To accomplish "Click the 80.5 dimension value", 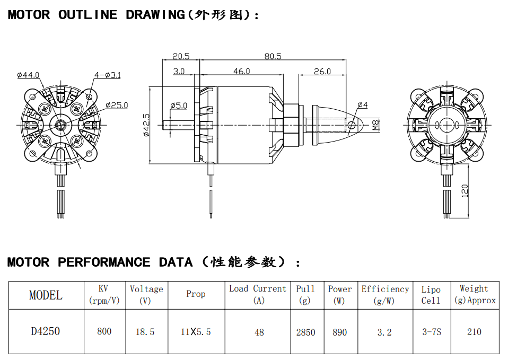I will coord(273,56).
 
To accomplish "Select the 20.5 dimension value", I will coord(181,56).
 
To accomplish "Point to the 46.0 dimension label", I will coord(241,71).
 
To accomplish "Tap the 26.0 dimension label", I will coord(322,71).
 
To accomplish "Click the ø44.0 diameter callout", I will coord(29,75).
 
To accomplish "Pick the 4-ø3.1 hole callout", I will coord(107,75).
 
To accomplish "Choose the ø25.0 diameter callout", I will coord(117,106).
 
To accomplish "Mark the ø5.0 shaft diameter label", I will coord(179,106).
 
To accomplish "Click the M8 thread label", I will coord(376,126).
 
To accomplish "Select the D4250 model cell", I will coord(45,331).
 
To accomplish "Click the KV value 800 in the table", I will coord(104,331).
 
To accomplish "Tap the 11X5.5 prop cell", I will coord(196,332).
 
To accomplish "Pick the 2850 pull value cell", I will coord(305,332).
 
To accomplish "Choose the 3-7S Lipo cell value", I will coord(431,332).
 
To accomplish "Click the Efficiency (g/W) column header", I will coord(385,295).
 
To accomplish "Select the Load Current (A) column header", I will coord(258,294).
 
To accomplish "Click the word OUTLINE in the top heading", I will coord(87,15).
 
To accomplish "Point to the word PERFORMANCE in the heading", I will coord(104,262).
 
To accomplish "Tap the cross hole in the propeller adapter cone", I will coord(352,125).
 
